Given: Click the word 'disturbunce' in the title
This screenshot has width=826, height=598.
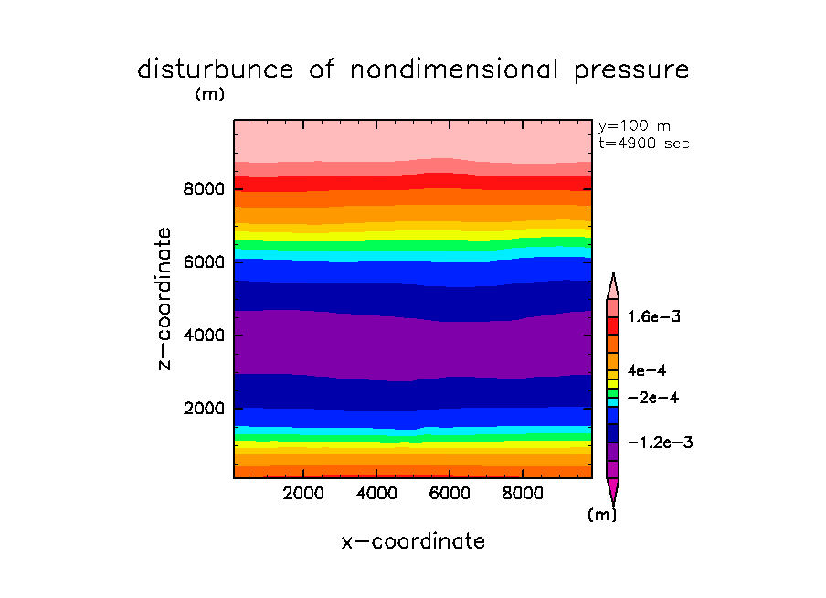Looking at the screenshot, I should click(x=216, y=69).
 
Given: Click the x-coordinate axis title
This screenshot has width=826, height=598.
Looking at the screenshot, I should click(x=413, y=541).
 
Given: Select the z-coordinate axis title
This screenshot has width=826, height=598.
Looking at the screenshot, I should click(x=165, y=298).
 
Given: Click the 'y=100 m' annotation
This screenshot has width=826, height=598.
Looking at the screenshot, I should click(x=632, y=126).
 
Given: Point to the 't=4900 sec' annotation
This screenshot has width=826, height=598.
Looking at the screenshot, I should click(x=643, y=143).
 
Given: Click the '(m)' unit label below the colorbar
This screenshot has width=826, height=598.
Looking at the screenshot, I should click(x=601, y=515).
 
